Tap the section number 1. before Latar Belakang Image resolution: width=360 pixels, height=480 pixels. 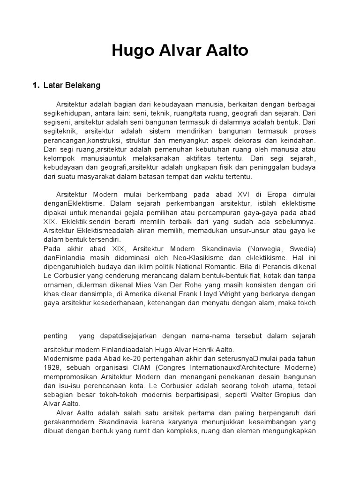click(x=36, y=86)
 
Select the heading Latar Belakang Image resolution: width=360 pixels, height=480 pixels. click(x=72, y=86)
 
